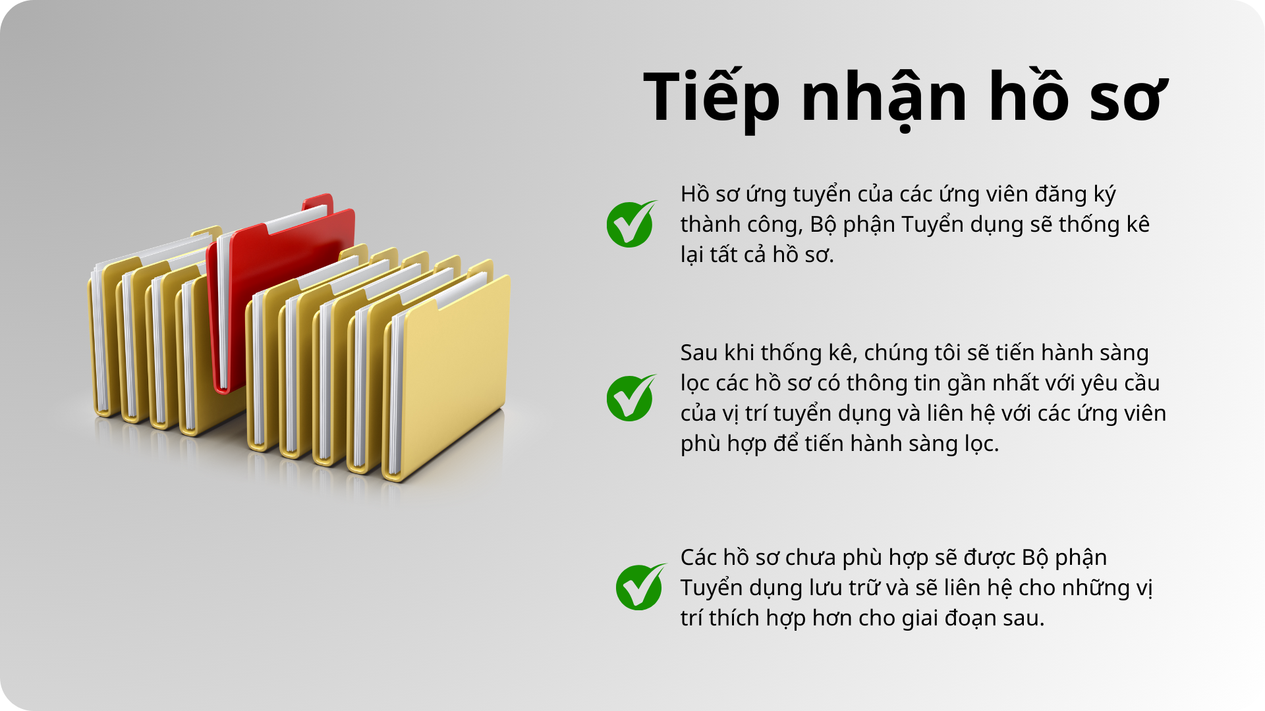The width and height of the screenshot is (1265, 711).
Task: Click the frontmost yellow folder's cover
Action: point(455,375)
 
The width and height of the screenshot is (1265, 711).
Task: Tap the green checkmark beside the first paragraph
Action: point(631,224)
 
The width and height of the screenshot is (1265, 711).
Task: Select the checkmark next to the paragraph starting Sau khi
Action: point(631,398)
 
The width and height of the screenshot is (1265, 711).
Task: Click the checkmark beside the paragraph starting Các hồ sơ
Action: point(640,587)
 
